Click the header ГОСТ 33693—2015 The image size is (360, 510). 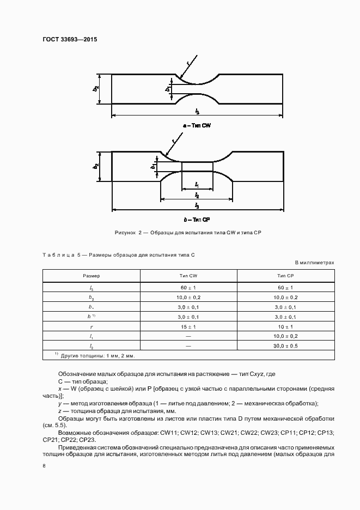point(65,39)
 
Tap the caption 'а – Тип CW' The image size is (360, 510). point(197,125)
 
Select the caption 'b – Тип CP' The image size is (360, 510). point(197,219)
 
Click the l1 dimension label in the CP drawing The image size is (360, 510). point(197,185)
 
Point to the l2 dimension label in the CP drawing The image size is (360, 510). point(197,195)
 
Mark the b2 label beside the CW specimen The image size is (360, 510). point(96,88)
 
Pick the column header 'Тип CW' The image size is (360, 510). point(188,276)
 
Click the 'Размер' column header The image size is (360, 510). point(91,276)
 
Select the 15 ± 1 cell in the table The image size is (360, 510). point(188,326)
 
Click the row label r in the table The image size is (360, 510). point(91,326)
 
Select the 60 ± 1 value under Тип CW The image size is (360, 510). point(188,287)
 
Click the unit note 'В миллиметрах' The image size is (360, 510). point(314,263)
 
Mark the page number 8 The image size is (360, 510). point(44,466)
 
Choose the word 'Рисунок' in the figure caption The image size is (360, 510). point(125,233)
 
